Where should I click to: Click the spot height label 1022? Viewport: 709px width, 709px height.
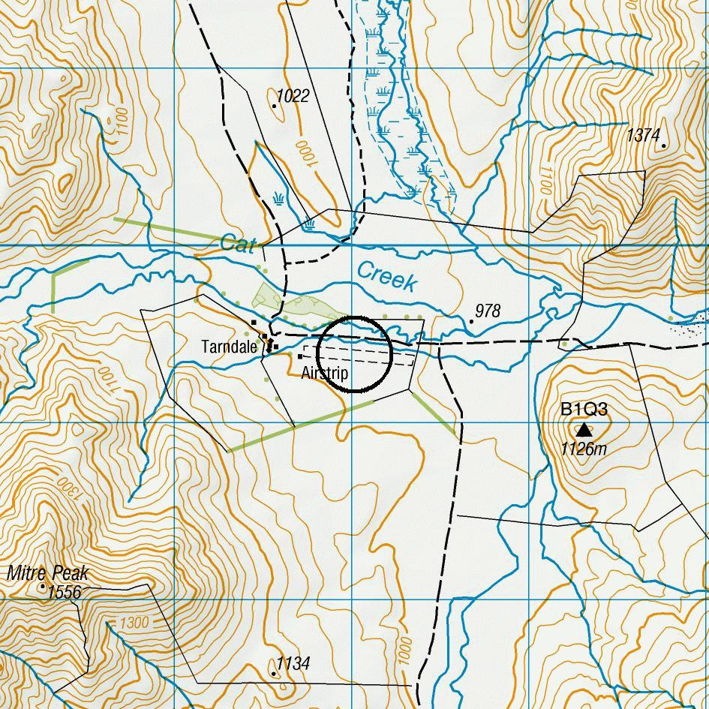[x=293, y=95]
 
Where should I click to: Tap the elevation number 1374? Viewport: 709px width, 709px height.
[x=643, y=135]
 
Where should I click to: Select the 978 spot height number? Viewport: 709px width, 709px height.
[x=488, y=311]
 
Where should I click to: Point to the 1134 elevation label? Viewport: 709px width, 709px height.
[x=293, y=663]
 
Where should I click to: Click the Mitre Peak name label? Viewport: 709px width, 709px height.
[x=47, y=574]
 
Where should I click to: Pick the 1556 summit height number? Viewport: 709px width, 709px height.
[x=64, y=593]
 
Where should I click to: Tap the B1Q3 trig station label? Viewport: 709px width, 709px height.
[x=584, y=410]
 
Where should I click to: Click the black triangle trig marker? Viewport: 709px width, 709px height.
[x=584, y=430]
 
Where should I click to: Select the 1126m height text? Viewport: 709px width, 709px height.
[x=584, y=449]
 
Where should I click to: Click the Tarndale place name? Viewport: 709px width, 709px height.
[x=229, y=347]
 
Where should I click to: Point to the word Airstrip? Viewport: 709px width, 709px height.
[x=324, y=373]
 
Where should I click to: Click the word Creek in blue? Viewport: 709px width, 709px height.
[x=386, y=275]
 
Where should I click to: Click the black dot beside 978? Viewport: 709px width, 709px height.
[x=471, y=321]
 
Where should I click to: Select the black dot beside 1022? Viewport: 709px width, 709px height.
[x=275, y=106]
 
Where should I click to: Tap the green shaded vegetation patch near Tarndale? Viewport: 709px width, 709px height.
[x=266, y=297]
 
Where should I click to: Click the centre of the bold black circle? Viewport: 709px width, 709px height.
[x=354, y=354]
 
